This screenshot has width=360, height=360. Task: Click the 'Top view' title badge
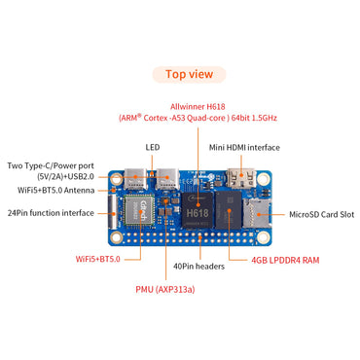point(189,73)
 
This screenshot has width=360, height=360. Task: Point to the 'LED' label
point(153,148)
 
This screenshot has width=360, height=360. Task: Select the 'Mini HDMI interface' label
point(244,148)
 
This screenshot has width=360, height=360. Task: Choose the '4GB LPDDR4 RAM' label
point(284,260)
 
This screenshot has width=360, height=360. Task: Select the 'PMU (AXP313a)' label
point(165,289)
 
